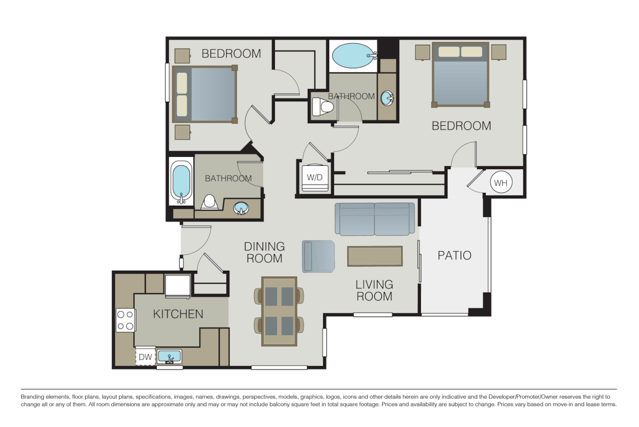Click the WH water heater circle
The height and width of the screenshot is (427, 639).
(x=500, y=183)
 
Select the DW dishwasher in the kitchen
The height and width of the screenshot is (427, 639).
(x=145, y=357)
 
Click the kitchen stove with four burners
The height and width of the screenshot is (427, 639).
(x=126, y=320)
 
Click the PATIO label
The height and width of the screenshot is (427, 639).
(x=454, y=255)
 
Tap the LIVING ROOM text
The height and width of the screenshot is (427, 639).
(x=374, y=291)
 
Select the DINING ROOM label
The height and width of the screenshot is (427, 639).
(x=264, y=252)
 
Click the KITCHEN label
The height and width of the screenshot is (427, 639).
(x=178, y=314)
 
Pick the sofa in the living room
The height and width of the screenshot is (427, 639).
(x=375, y=219)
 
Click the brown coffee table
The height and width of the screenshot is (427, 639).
(x=375, y=256)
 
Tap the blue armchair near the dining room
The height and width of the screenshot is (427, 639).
(x=318, y=256)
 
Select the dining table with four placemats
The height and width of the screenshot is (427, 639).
(x=279, y=312)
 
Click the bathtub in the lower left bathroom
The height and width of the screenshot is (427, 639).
(x=182, y=182)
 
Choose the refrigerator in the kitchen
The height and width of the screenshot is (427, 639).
(x=177, y=286)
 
